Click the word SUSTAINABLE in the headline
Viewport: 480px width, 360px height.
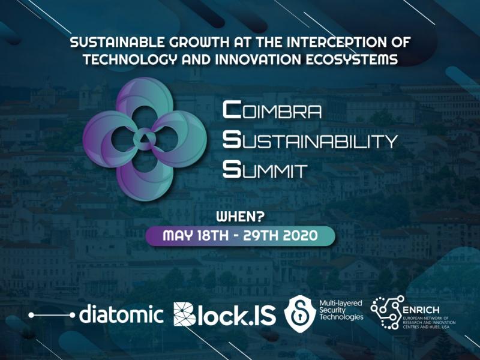[x=118, y=42]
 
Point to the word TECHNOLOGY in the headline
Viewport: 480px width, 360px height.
[x=130, y=59]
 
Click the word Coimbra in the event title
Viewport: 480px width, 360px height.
[x=272, y=110]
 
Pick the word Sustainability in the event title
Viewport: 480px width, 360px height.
[x=310, y=140]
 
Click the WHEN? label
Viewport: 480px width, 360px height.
[x=241, y=217]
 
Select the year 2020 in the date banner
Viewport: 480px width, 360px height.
[x=301, y=236]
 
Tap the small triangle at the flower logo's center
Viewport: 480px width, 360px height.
[x=145, y=139]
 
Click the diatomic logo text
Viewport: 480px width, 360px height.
[x=121, y=313]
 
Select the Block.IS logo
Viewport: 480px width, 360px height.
[x=224, y=314]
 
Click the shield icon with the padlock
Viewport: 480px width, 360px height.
[x=299, y=314]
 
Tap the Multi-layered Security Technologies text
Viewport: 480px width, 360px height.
[x=341, y=310]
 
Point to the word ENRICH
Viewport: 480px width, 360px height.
[x=421, y=310]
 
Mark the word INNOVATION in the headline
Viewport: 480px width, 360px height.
[x=258, y=59]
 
